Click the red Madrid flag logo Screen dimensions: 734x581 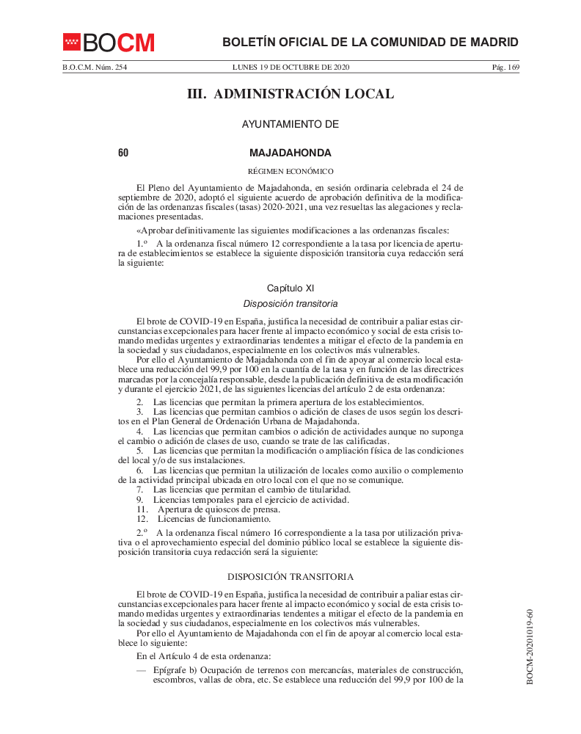coord(71,43)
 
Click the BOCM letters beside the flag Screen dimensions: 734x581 coord(118,43)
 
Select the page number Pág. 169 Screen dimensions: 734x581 coord(505,68)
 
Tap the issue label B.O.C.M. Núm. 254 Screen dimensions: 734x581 coord(89,68)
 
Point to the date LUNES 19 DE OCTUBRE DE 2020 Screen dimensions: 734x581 coord(290,68)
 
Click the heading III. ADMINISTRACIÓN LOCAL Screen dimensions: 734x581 coord(290,94)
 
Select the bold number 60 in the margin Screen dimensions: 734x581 coord(123,153)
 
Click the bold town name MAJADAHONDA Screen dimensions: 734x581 coord(290,153)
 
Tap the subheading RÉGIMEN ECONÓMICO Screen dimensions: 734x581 coord(290,171)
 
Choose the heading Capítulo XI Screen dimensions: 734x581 coord(290,288)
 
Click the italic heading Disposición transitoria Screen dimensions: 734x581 coord(290,303)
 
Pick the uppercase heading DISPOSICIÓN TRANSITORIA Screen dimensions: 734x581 coord(290,577)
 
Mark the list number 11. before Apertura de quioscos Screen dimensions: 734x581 coord(142,509)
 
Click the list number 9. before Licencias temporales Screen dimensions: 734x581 coord(141,500)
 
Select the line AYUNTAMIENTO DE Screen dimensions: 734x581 coord(290,125)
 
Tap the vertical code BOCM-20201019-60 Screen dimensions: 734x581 coord(530,646)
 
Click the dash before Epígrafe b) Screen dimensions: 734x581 coord(141,670)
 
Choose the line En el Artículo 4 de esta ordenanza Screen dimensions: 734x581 coord(204,655)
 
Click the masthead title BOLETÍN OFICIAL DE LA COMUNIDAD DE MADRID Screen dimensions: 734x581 coord(370,43)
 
